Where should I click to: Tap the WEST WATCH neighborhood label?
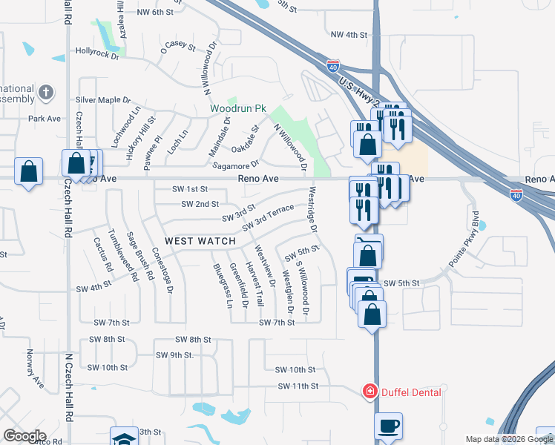200,241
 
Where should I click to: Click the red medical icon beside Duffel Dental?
369,392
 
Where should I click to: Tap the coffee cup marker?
389,426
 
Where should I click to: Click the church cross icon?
46,92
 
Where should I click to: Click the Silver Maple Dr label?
102,100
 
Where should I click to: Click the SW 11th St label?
298,386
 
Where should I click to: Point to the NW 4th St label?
349,35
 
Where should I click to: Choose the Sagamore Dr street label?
236,165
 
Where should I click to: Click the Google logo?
24,435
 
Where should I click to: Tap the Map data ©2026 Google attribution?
508,439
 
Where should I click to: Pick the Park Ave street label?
45,119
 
